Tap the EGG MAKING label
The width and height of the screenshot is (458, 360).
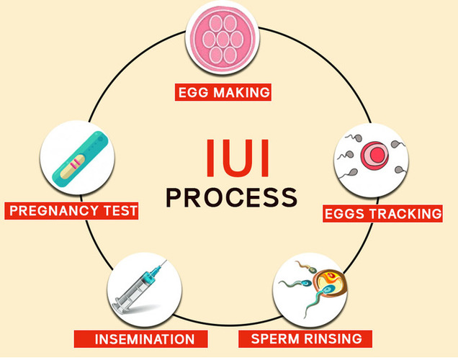(223, 92)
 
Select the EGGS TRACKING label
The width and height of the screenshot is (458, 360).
(382, 213)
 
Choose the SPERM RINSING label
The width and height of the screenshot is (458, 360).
(306, 338)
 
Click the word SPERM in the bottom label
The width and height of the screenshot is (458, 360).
(273, 338)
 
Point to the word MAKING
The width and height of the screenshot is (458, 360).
(240, 92)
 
